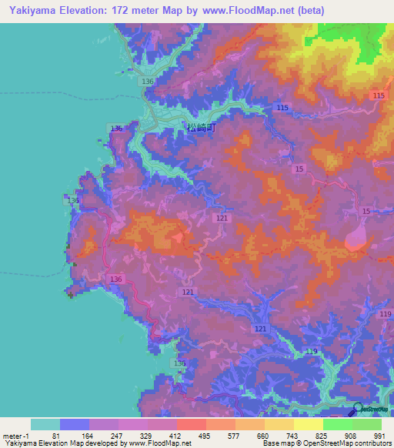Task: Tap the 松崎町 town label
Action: (202, 129)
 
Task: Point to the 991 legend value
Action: (377, 436)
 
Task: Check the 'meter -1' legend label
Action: (15, 436)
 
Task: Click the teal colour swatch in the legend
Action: (45, 424)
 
